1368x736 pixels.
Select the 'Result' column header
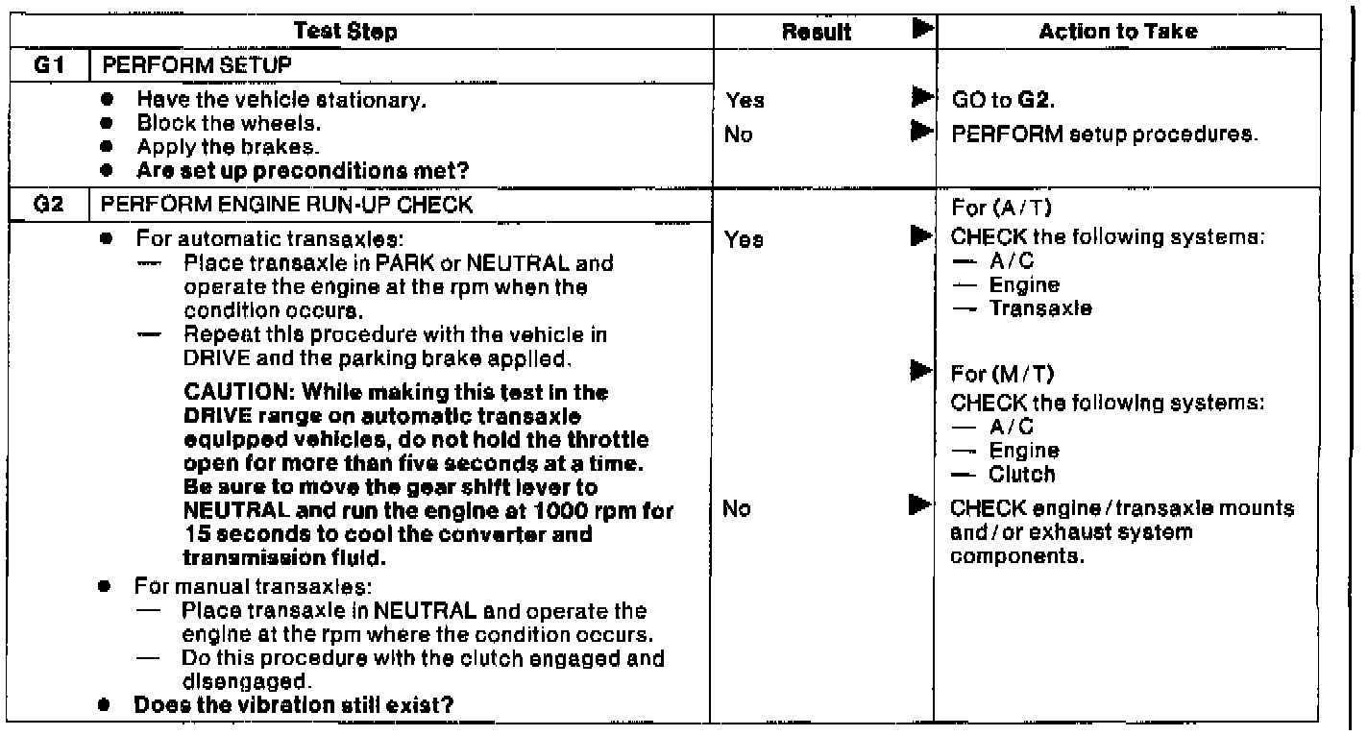[818, 32]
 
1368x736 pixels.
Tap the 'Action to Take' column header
[1118, 32]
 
